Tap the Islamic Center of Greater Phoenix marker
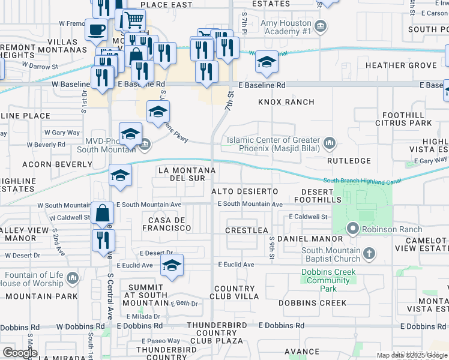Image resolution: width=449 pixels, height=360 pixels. (x=329, y=143)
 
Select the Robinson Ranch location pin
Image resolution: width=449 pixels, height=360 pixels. (x=353, y=229)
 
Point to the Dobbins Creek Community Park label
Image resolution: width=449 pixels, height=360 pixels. (x=328, y=280)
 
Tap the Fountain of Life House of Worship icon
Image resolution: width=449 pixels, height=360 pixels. (x=73, y=277)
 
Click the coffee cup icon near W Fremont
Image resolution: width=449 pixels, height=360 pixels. (x=96, y=29)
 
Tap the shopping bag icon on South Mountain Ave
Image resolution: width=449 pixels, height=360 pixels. (x=103, y=213)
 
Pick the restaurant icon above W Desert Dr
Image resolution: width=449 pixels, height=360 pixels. (x=103, y=239)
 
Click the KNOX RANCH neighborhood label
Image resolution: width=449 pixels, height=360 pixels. (x=286, y=102)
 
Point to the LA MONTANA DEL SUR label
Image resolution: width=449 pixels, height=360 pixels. (x=185, y=174)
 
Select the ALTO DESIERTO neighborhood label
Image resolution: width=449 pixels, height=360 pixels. (x=245, y=191)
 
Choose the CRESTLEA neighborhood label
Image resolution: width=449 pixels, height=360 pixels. (x=246, y=230)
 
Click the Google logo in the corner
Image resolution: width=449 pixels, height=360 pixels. (x=20, y=352)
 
